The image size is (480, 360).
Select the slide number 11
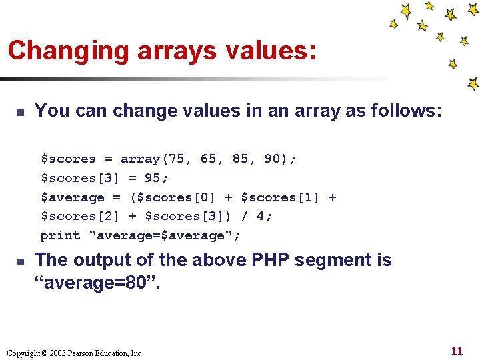coord(457,351)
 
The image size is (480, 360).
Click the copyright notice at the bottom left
coord(74,353)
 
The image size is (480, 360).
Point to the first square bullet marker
coord(21,111)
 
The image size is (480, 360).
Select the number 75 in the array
coord(177,159)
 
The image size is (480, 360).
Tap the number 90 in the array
coord(272,159)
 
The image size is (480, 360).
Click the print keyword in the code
coord(60,235)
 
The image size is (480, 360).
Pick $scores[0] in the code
coord(176,197)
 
